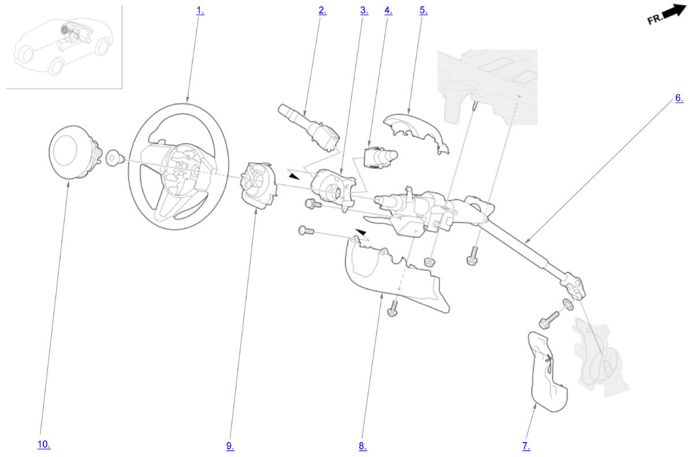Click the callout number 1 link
(200, 11)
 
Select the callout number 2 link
(323, 10)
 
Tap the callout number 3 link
(364, 10)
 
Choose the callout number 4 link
(388, 10)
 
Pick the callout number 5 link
(423, 10)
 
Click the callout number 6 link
(679, 98)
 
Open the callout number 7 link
(526, 446)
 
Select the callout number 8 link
(363, 446)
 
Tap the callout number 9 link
(230, 446)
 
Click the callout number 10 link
(44, 444)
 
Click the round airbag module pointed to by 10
(75, 152)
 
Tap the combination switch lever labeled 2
(309, 127)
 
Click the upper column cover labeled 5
(416, 132)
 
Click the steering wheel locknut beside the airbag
(115, 158)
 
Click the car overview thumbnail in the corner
(64, 47)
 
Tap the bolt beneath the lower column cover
(393, 309)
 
